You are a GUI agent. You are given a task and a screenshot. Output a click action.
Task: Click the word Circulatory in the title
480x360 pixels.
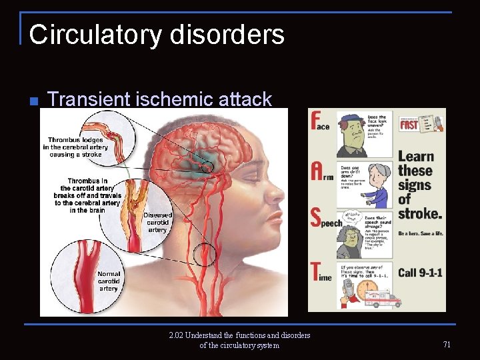tap(91, 35)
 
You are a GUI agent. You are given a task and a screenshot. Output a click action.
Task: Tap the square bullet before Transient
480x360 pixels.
tap(33, 101)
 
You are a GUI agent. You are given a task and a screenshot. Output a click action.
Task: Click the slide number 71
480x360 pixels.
tap(446, 345)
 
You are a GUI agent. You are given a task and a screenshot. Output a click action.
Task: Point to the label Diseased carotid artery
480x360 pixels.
tap(157, 223)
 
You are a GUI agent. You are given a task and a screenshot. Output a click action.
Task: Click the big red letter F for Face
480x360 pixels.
tap(318, 121)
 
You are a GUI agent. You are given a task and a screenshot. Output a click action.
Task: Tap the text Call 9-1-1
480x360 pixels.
tap(420, 273)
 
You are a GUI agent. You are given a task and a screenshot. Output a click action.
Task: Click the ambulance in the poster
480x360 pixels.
tap(385, 298)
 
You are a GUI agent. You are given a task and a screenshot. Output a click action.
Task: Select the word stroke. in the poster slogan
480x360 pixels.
tap(420, 214)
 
